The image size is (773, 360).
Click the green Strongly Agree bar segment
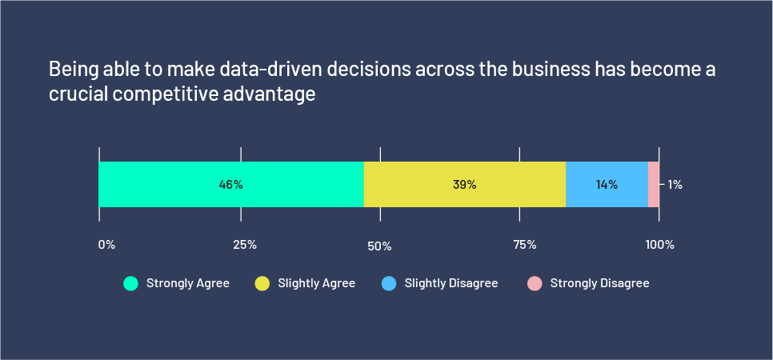tap(160, 185)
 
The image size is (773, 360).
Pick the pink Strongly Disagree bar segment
tap(654, 185)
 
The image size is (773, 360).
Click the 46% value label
tap(230, 185)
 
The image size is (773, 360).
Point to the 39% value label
tap(464, 185)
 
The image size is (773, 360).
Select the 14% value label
tap(607, 185)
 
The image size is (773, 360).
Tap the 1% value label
tap(675, 185)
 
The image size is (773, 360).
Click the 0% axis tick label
tap(106, 245)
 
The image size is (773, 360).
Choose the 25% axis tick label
tap(245, 245)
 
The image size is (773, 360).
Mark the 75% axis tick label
tap(524, 245)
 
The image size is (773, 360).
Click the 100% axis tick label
tap(660, 245)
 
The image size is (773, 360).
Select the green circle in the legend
tap(130, 283)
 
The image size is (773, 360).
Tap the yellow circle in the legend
tap(262, 283)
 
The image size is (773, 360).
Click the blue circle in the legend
tap(389, 283)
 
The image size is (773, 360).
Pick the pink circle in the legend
tap(535, 283)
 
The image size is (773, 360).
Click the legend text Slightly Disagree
tap(451, 283)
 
